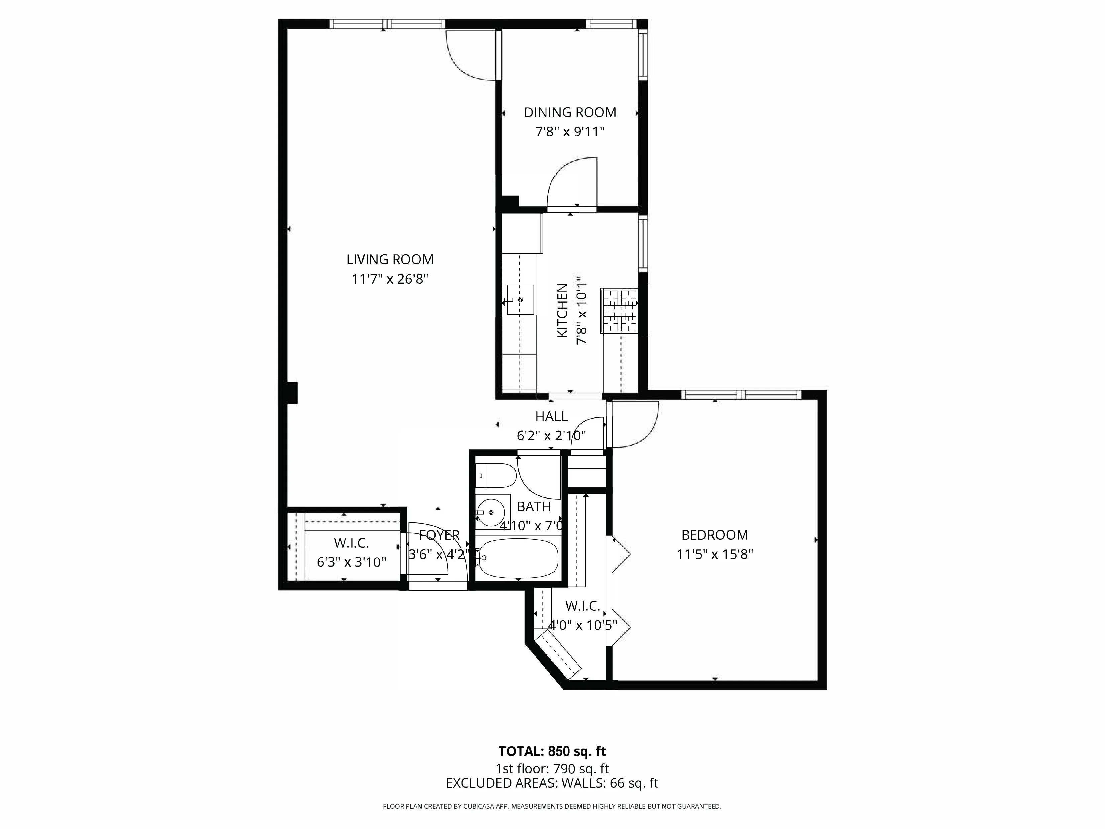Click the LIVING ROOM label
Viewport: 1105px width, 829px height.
point(390,260)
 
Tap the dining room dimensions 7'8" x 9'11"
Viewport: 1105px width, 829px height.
point(570,132)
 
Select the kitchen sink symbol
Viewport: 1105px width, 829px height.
point(520,299)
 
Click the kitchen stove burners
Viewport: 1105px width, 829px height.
point(619,310)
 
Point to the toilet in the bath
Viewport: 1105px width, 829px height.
point(495,475)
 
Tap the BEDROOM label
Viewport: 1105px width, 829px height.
point(714,535)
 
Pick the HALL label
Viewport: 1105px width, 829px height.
point(551,416)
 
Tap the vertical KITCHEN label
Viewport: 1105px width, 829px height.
point(562,310)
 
